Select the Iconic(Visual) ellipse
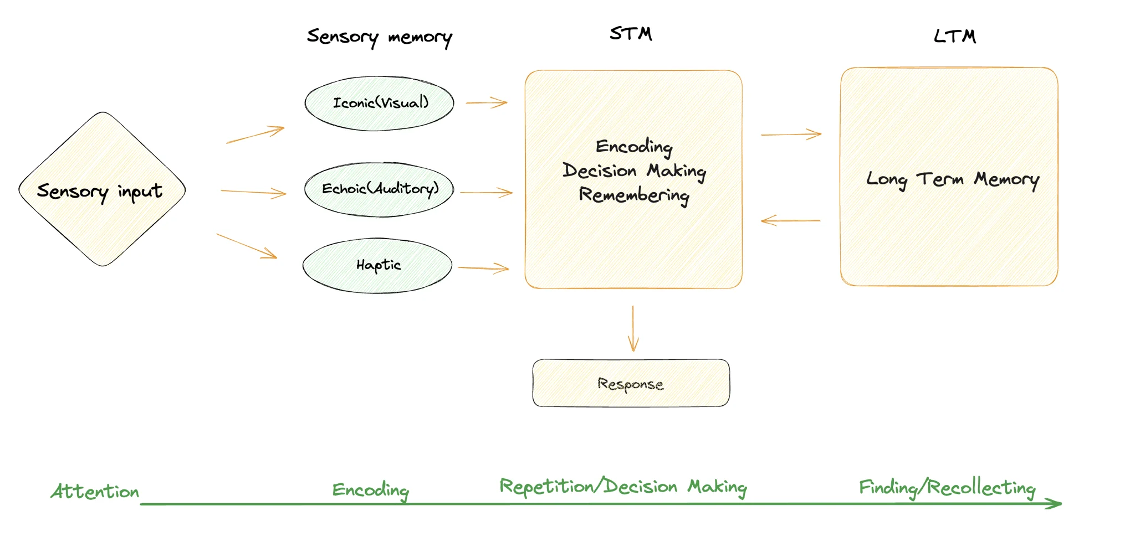[380, 104]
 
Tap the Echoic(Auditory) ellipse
[380, 189]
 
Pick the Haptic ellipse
[377, 265]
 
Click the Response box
[631, 383]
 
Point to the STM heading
[631, 34]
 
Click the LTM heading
[954, 37]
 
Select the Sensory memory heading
[380, 37]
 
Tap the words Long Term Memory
[952, 179]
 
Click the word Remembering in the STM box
[634, 195]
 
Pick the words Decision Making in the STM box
[634, 171]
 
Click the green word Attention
[95, 491]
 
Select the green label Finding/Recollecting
[947, 488]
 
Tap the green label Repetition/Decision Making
[623, 487]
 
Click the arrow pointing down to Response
[633, 329]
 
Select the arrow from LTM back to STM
[790, 221]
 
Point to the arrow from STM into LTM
[791, 135]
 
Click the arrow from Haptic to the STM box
[483, 268]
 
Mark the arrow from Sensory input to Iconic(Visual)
[255, 135]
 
